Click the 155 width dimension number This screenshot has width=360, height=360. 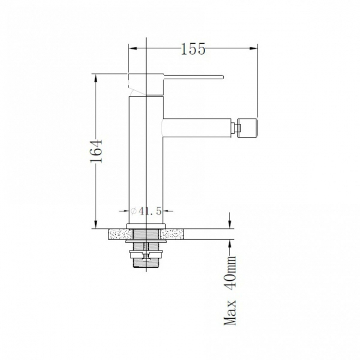click(x=193, y=49)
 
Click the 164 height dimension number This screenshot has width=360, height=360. click(x=96, y=151)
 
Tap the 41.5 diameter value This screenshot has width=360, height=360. click(x=150, y=211)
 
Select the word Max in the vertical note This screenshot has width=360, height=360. click(x=230, y=312)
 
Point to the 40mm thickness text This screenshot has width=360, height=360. click(x=230, y=272)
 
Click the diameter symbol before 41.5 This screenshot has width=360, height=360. click(x=134, y=211)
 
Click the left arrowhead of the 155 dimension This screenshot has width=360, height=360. click(x=133, y=48)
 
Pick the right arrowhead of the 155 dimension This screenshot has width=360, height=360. click(x=254, y=48)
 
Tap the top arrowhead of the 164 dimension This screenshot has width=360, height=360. click(x=96, y=78)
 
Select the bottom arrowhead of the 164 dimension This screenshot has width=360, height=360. click(x=96, y=224)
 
